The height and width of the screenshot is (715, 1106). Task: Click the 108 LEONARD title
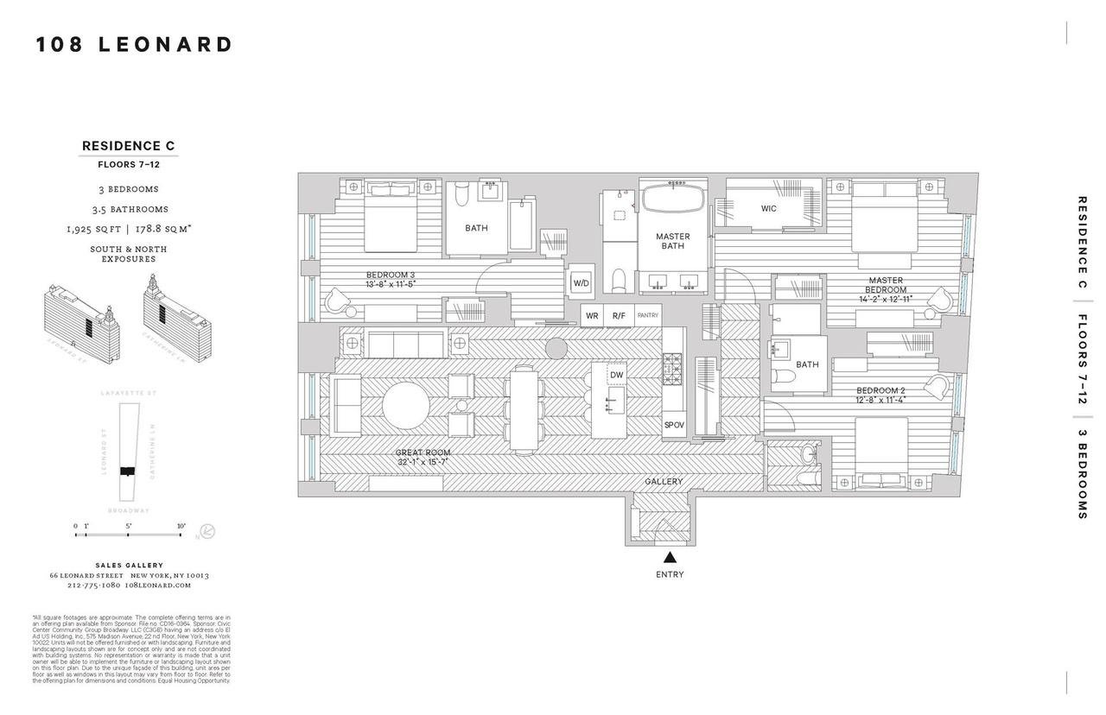tap(134, 45)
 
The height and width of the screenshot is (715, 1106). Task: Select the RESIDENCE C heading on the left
tap(128, 146)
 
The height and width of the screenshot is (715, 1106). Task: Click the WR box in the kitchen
tap(592, 316)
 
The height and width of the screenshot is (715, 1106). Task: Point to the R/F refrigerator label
tap(618, 316)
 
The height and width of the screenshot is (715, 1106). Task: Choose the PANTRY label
tap(647, 316)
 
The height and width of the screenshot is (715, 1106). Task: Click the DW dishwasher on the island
tap(616, 375)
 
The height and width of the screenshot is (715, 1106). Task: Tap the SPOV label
tap(674, 425)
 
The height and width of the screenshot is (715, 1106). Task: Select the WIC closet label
tap(768, 208)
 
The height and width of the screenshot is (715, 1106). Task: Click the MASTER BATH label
tap(672, 241)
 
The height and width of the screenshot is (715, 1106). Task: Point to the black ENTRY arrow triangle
tap(670, 558)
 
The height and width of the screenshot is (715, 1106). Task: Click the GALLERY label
tap(664, 481)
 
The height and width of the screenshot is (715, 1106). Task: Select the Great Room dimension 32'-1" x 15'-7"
tap(423, 462)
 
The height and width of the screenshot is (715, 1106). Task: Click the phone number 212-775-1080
tap(93, 585)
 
